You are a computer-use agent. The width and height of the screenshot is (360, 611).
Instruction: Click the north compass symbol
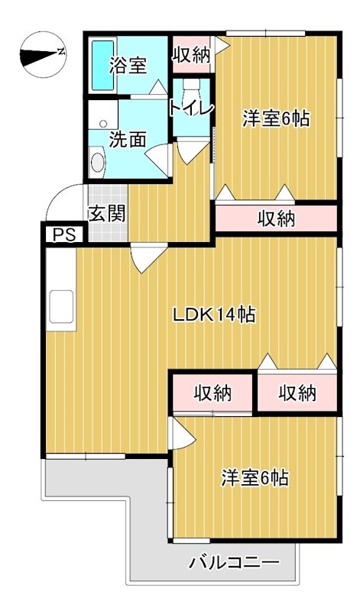pos(43,54)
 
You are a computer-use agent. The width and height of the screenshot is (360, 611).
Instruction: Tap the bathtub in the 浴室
pos(103,65)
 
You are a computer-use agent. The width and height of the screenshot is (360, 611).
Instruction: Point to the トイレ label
pos(192,108)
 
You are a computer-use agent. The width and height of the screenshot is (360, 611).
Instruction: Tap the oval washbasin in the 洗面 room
pos(98,161)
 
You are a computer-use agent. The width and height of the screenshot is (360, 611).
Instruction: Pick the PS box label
pos(63,235)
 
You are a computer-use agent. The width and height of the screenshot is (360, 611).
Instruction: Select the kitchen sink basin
pos(61,307)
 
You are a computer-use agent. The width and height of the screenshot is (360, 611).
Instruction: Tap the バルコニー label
pos(235,562)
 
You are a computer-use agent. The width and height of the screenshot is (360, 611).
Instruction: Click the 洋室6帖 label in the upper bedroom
pos(276,118)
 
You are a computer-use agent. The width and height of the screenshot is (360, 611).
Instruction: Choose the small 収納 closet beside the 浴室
pos(192,54)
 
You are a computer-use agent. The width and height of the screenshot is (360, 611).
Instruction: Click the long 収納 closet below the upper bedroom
pos(276,218)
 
